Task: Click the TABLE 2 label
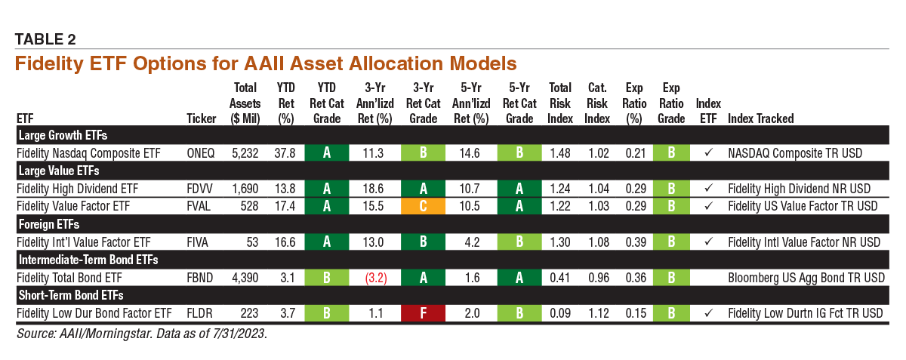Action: (x=45, y=38)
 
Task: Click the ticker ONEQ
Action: (x=201, y=152)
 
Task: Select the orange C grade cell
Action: (x=423, y=205)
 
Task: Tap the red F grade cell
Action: (x=423, y=312)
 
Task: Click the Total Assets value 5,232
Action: (x=245, y=152)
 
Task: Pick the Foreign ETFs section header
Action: (x=49, y=224)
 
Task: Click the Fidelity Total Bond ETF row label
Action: (x=69, y=278)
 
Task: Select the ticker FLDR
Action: (x=201, y=312)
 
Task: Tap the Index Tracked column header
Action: (x=760, y=118)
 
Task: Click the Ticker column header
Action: (x=201, y=118)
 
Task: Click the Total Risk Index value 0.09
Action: (x=560, y=312)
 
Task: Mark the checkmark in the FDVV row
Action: (x=708, y=188)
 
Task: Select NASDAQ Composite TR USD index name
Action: (x=796, y=152)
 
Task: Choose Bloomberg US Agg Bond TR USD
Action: (x=806, y=278)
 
